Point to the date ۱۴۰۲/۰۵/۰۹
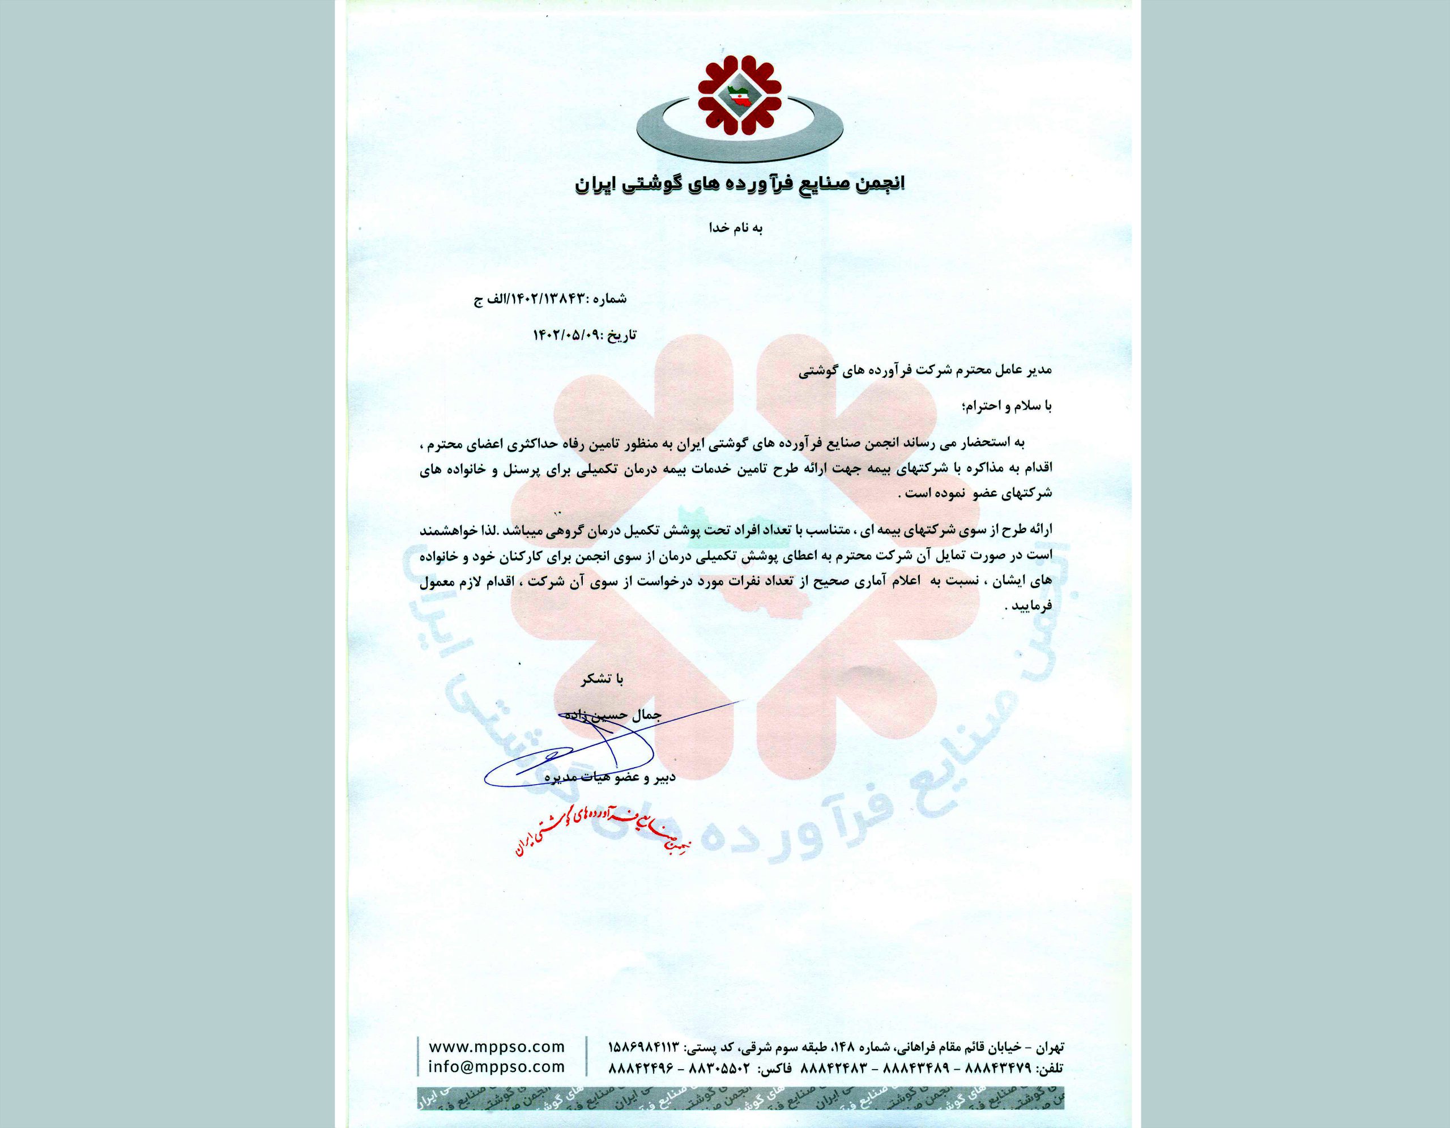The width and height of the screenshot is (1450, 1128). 564,335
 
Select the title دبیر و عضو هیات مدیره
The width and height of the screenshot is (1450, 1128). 609,777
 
